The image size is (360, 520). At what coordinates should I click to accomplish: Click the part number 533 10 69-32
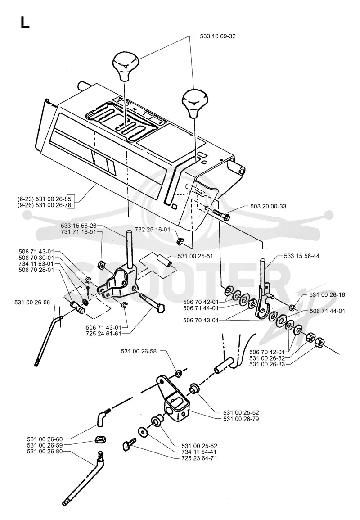point(218,36)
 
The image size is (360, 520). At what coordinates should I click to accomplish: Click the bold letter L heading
point(25,23)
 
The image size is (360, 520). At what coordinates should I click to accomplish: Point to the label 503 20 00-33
point(268,206)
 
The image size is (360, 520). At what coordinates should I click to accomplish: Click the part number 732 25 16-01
point(153,230)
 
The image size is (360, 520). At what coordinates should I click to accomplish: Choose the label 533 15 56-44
point(301,256)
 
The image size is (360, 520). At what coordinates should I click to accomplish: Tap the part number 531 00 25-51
point(196,256)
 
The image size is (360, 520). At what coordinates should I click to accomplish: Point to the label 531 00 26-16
point(327,294)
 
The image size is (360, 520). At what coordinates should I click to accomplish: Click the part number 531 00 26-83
point(267,364)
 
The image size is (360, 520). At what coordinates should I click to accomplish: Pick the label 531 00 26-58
point(139,352)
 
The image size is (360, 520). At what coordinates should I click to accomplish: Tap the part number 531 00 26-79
point(241,419)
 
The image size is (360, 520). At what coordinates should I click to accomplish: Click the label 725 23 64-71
point(199,458)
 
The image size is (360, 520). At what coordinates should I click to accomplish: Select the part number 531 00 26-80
point(45,451)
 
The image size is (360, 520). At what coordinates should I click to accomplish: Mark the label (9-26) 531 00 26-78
point(45,206)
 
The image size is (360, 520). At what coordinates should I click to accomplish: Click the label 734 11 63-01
point(36,264)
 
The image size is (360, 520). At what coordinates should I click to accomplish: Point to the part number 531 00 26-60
point(45,439)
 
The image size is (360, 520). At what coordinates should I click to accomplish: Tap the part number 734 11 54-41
point(199,452)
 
